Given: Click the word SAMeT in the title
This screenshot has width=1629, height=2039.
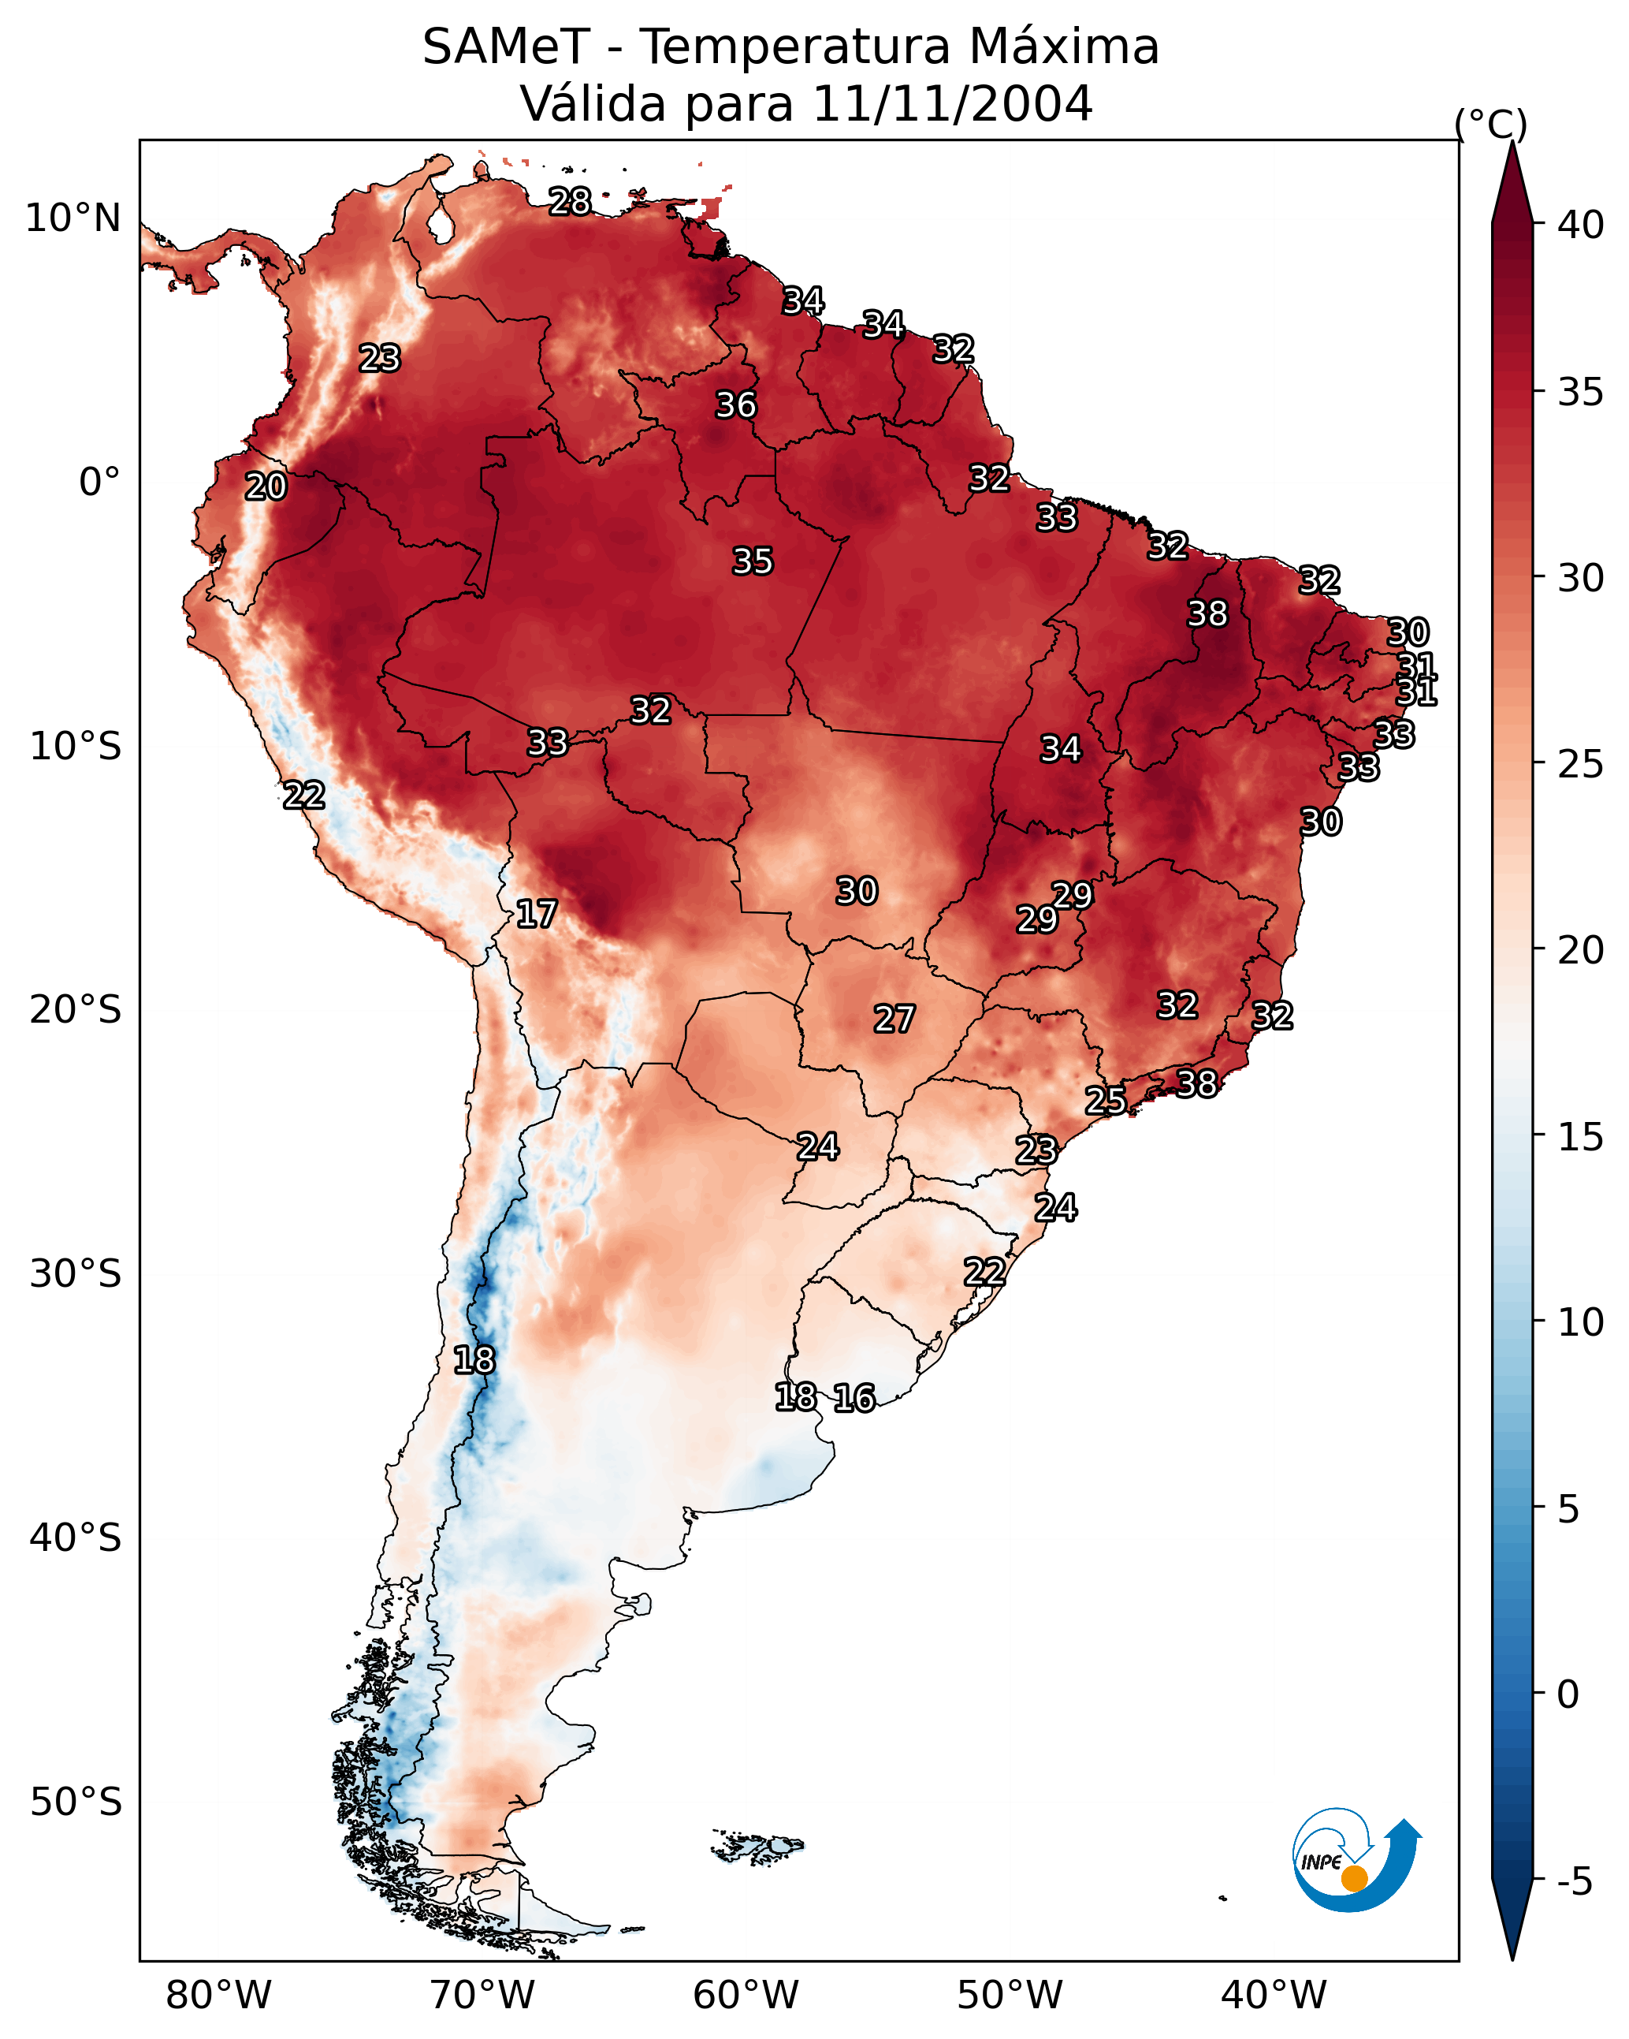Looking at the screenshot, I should point(506,47).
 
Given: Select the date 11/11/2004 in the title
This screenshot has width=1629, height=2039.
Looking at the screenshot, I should point(952,104).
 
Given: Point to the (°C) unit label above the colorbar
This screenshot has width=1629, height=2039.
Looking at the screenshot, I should point(1491,124).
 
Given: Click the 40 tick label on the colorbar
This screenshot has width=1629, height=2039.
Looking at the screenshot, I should point(1581,225).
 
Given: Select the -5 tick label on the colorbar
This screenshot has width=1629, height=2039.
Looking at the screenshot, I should point(1574,1882).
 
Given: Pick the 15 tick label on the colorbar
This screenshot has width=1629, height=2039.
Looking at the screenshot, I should point(1581,1137).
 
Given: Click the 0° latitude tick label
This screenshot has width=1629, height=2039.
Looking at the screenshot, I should point(99,483).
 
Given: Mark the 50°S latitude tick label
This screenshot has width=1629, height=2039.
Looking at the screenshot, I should point(76,1802).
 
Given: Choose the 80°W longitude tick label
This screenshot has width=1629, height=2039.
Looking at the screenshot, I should point(218,1996).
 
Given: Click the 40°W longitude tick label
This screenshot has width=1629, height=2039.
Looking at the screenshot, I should point(1274,1996).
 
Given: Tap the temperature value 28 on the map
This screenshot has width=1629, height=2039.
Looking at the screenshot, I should point(570,201).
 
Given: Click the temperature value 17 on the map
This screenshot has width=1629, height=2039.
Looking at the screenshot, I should point(536,914).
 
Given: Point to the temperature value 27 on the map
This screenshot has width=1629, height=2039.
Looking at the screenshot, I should point(894,1019).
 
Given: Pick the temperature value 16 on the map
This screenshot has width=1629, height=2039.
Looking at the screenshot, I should point(854,1398).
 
